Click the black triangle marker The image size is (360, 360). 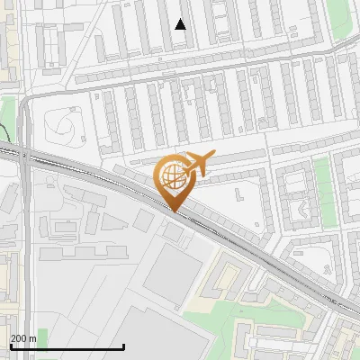[x=181, y=24]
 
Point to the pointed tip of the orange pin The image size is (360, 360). [x=173, y=211]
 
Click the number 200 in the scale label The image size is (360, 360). [x=19, y=338]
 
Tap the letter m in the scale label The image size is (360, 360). [x=32, y=338]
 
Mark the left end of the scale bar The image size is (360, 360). [x=10, y=346]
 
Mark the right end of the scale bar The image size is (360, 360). [x=123, y=346]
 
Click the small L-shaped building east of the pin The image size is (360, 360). [x=238, y=193]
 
